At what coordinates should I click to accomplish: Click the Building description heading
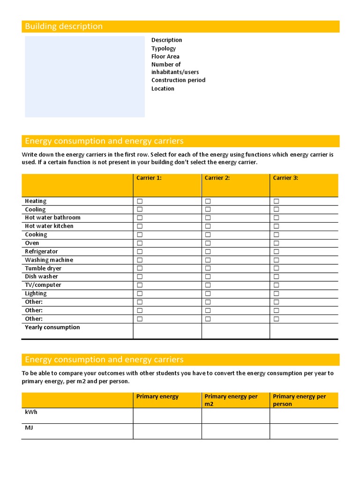[64, 27]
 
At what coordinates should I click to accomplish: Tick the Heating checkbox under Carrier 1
[140, 201]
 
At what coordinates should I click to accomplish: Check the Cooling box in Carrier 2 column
[208, 210]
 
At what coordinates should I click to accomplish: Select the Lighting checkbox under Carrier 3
[276, 293]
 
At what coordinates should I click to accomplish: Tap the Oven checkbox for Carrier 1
[140, 243]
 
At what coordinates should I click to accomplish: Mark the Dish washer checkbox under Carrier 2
[208, 277]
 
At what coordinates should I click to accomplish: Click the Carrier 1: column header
[149, 178]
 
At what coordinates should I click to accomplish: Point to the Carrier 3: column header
[285, 178]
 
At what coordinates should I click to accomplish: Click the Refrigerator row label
[41, 252]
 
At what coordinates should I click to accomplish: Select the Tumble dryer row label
[43, 269]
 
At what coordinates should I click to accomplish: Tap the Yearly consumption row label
[52, 328]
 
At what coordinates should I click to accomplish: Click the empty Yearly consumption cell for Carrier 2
[235, 330]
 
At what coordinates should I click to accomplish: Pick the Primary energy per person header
[299, 400]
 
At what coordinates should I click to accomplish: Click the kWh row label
[31, 412]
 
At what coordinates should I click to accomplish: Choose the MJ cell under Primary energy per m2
[235, 431]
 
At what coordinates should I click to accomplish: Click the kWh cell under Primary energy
[167, 416]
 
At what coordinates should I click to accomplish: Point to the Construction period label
[178, 80]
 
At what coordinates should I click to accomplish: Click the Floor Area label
[165, 57]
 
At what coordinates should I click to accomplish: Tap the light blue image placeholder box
[85, 77]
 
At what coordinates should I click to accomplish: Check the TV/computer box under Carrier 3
[276, 285]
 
